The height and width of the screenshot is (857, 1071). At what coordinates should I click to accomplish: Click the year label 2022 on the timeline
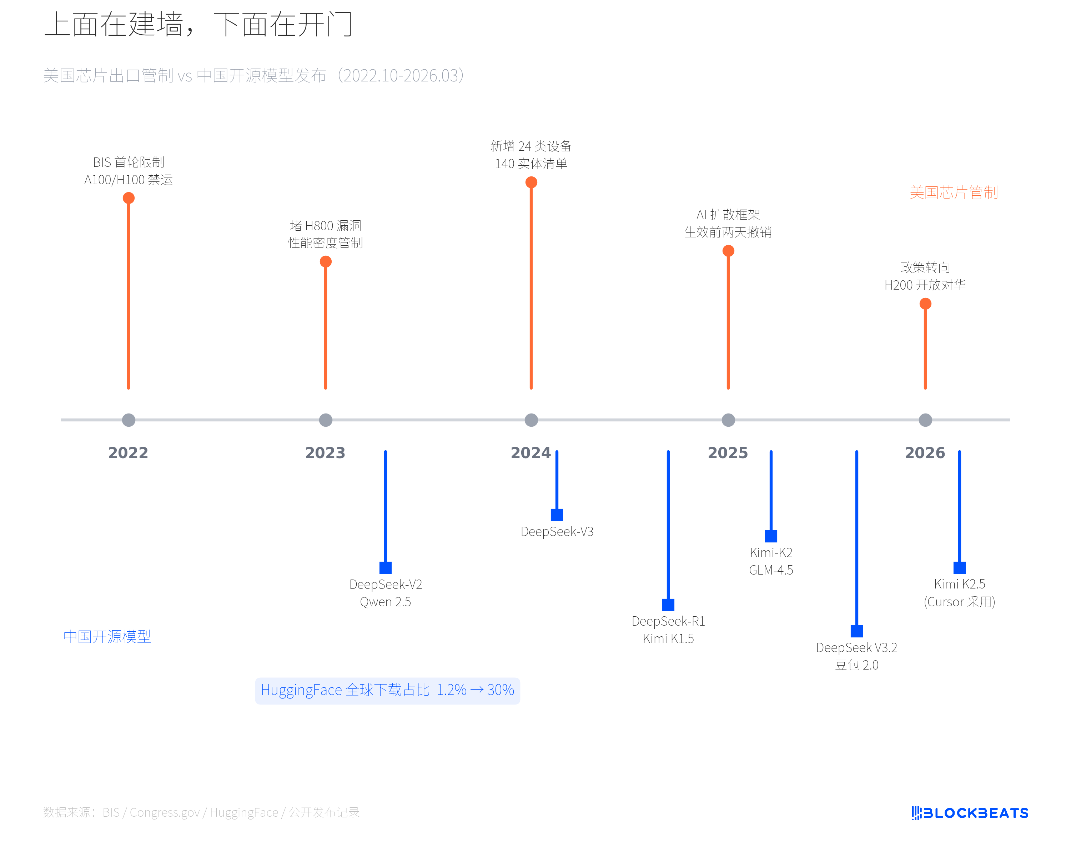(128, 452)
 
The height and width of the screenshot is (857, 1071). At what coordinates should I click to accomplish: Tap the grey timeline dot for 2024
(531, 420)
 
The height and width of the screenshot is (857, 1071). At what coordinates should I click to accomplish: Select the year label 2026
(925, 452)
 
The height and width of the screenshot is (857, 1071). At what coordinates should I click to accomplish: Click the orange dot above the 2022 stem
(129, 198)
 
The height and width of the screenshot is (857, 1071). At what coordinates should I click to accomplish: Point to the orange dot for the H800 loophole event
(325, 261)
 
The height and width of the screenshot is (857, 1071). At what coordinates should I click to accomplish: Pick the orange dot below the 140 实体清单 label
(531, 182)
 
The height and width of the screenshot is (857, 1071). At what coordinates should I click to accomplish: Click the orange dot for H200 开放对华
(925, 304)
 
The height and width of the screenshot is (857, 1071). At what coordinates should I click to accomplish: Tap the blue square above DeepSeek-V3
(557, 515)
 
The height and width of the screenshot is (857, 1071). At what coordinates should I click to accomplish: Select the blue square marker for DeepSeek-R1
(668, 605)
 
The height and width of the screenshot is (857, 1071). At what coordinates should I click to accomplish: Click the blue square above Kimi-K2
(771, 536)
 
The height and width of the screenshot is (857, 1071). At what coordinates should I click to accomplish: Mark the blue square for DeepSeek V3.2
(856, 631)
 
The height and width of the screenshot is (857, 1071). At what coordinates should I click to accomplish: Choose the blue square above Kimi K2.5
(959, 567)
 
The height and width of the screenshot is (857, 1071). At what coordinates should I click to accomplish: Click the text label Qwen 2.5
(386, 602)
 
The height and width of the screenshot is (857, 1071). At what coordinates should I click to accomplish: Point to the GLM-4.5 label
(771, 570)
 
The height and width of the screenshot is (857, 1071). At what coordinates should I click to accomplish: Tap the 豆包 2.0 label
(856, 665)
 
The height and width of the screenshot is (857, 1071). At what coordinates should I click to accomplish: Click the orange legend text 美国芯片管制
(954, 192)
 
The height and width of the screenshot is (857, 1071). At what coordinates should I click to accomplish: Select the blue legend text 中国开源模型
(107, 636)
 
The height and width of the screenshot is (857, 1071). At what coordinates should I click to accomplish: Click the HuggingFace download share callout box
(387, 691)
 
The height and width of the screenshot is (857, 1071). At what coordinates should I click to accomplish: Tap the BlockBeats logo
(970, 813)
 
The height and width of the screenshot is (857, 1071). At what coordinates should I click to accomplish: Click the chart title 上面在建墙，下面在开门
(199, 25)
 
